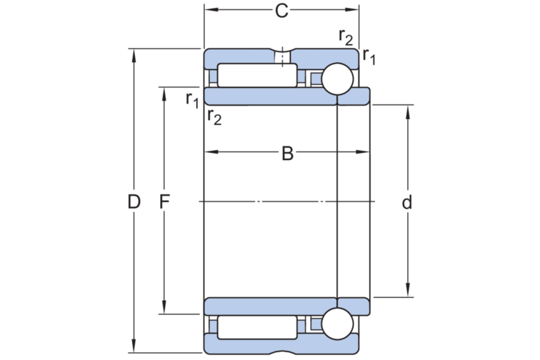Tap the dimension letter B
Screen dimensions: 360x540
[287, 153]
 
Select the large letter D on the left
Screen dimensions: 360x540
[134, 202]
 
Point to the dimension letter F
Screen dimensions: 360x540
[164, 202]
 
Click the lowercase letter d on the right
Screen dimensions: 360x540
[407, 203]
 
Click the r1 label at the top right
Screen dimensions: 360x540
[369, 55]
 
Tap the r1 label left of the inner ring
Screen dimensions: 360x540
[191, 99]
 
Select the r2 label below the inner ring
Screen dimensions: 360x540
[214, 117]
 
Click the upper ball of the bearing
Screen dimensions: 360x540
[336, 79]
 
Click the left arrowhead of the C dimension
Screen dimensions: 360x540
[209, 10]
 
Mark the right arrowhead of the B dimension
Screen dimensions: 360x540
[366, 152]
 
